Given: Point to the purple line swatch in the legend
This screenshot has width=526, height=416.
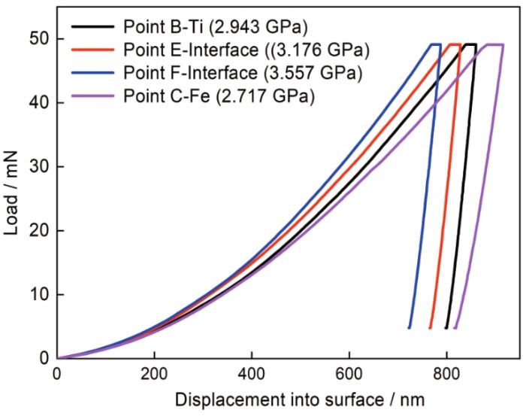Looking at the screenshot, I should pos(90,96).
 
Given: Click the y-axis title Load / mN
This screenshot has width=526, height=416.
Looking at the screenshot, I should pos(14,199).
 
